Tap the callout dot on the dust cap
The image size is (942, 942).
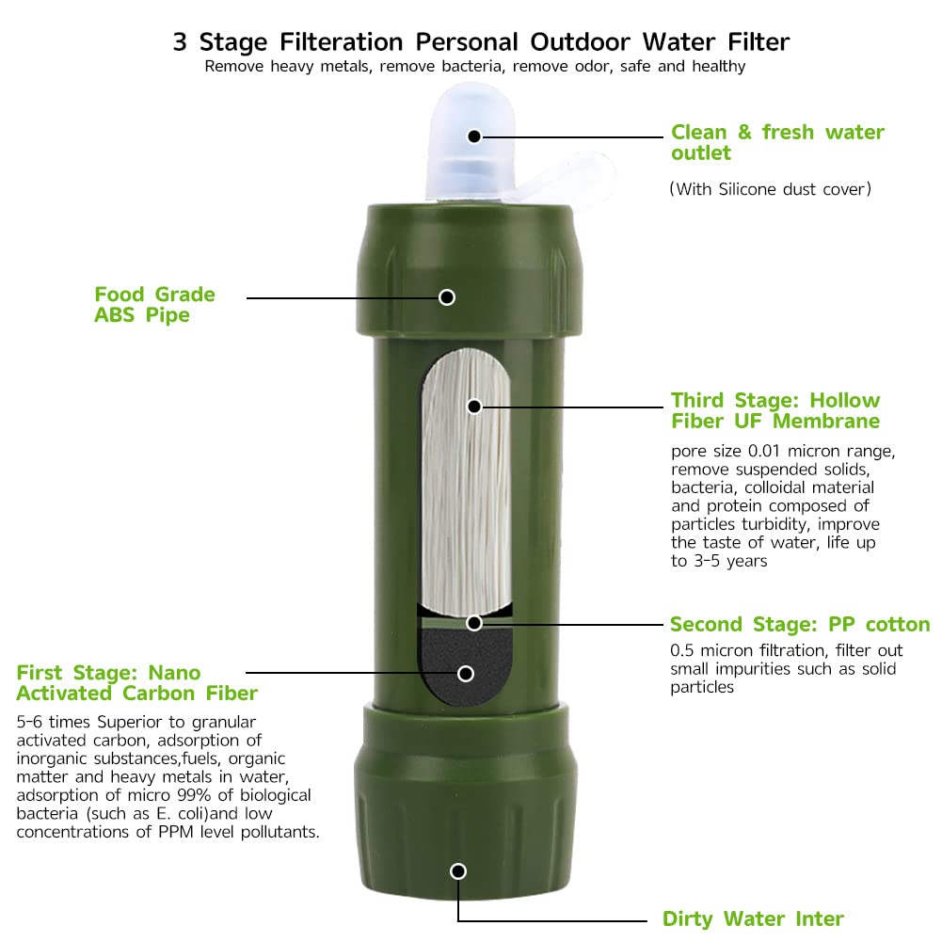point(474,136)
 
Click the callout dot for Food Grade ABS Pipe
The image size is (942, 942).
point(447,297)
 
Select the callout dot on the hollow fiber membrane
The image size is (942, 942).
point(474,407)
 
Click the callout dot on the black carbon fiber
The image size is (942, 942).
point(464,673)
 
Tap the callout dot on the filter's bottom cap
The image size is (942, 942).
point(458,871)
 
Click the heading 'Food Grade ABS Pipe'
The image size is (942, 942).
point(154,305)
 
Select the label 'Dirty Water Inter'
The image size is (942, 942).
point(753,918)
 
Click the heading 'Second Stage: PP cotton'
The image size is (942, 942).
point(799,625)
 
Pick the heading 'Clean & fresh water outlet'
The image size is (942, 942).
point(777,142)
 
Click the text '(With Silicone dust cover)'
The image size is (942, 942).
point(770,189)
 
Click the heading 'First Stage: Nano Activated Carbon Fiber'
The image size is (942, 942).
point(136,683)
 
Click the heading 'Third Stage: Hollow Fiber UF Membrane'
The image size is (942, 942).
point(775,410)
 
